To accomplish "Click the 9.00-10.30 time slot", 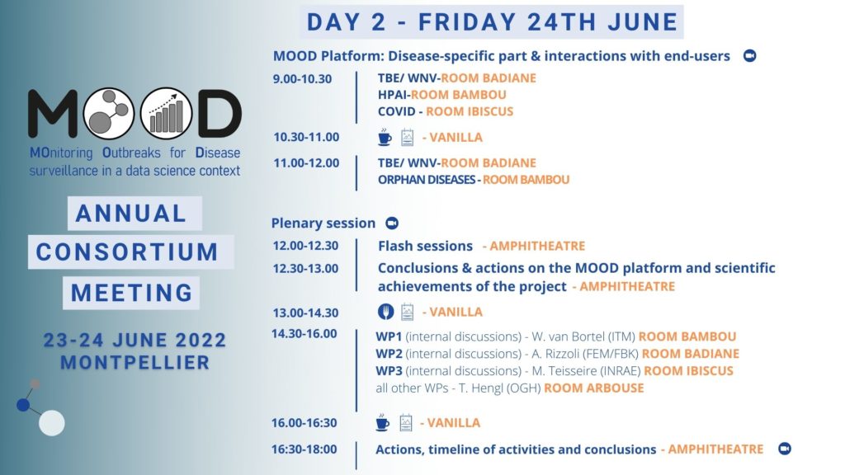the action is (x=302, y=79).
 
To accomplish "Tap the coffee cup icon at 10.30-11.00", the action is (x=385, y=138).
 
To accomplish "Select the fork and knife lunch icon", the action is (x=385, y=312).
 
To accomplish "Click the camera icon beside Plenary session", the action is (x=392, y=223).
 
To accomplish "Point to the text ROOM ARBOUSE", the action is (x=594, y=388).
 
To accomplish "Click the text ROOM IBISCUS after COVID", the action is (x=470, y=111).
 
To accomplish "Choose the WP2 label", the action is (x=389, y=354).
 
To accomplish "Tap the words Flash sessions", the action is (x=425, y=246).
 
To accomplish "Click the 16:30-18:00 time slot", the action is (x=304, y=449).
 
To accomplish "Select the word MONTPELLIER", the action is (x=135, y=363).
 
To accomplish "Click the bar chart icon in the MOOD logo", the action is (x=166, y=114).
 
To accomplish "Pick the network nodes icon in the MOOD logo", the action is (x=108, y=114).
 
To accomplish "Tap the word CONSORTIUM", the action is (x=127, y=252).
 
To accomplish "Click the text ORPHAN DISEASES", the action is (x=427, y=180).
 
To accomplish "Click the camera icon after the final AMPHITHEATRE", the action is (x=785, y=449).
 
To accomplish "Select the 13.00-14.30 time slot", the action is (x=305, y=313).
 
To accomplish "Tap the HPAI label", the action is (x=392, y=95).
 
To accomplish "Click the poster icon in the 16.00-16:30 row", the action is (x=406, y=423).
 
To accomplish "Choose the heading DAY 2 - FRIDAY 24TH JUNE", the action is (x=492, y=22).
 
